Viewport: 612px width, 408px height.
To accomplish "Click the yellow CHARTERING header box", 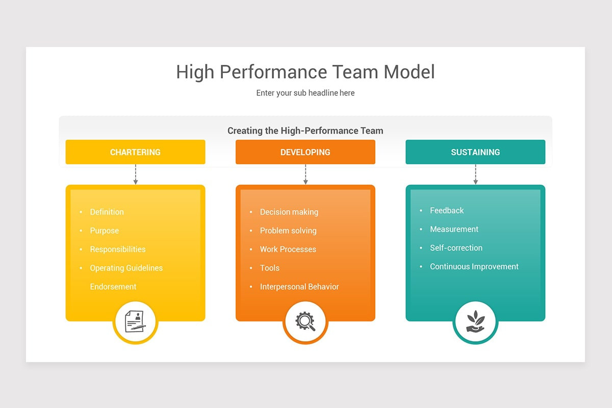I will point(135,152).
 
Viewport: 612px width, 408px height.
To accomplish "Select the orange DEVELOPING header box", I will point(305,152).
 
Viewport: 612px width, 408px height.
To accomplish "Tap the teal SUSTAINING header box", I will point(475,152).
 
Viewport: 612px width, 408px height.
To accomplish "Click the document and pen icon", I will point(135,322).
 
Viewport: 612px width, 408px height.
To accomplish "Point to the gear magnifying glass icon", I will point(305,322).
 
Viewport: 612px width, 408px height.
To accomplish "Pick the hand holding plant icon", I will point(475,322).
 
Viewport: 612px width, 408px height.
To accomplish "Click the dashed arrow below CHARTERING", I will point(136,174).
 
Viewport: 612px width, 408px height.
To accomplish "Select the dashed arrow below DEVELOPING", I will point(305,174).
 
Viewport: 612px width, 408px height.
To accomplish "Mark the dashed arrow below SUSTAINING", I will point(475,174).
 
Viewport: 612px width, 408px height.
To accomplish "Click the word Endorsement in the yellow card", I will point(113,287).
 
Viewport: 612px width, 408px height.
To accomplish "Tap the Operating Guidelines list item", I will point(126,268).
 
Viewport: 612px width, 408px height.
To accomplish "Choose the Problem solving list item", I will point(288,231).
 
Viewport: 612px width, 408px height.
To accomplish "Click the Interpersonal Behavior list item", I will point(299,287).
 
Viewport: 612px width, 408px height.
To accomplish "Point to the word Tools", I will point(270,268).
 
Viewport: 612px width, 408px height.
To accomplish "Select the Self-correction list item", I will point(456,248).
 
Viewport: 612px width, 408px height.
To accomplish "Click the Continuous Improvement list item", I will point(474,266).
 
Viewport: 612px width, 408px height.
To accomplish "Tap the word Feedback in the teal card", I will point(447,211).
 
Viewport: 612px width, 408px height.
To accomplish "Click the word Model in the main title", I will point(410,72).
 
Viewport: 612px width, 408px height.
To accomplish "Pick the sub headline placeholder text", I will point(305,93).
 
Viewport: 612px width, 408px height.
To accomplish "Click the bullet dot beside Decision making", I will point(251,212).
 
